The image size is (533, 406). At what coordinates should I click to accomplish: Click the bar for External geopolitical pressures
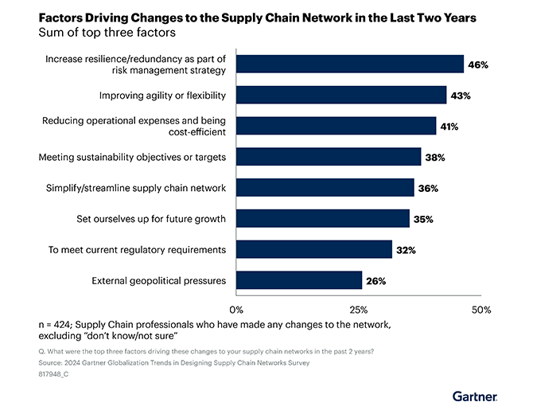click(299, 280)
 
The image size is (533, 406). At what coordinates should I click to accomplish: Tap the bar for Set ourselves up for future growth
click(323, 218)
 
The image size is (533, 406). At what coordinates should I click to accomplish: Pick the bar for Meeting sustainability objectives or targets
click(329, 157)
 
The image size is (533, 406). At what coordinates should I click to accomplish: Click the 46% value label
click(477, 64)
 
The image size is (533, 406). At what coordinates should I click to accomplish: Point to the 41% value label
click(449, 127)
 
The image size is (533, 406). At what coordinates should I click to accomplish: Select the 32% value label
click(406, 250)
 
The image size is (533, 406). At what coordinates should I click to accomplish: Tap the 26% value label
click(375, 280)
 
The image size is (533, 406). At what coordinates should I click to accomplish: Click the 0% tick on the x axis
click(235, 309)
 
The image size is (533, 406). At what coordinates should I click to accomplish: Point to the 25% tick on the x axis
click(359, 309)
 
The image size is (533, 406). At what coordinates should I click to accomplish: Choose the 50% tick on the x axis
click(481, 309)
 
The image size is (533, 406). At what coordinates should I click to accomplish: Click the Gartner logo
click(475, 395)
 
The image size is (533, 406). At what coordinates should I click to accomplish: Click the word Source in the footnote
click(53, 362)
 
